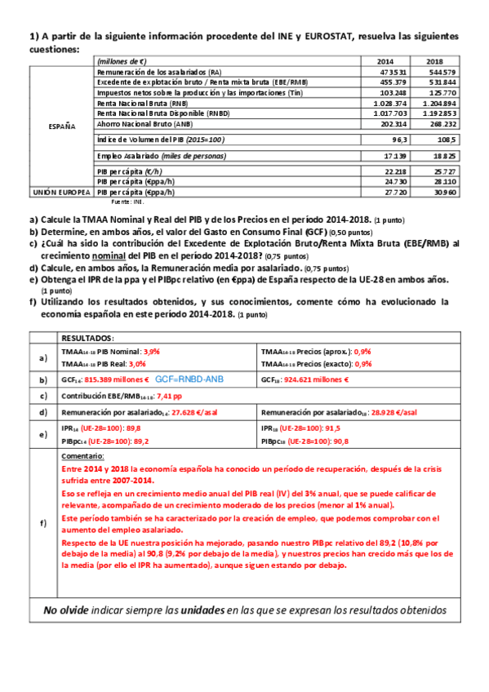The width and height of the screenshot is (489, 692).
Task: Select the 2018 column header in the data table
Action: click(x=435, y=61)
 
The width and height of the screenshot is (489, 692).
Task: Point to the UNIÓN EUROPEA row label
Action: click(x=61, y=193)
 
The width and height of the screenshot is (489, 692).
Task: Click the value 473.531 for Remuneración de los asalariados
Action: click(x=393, y=73)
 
